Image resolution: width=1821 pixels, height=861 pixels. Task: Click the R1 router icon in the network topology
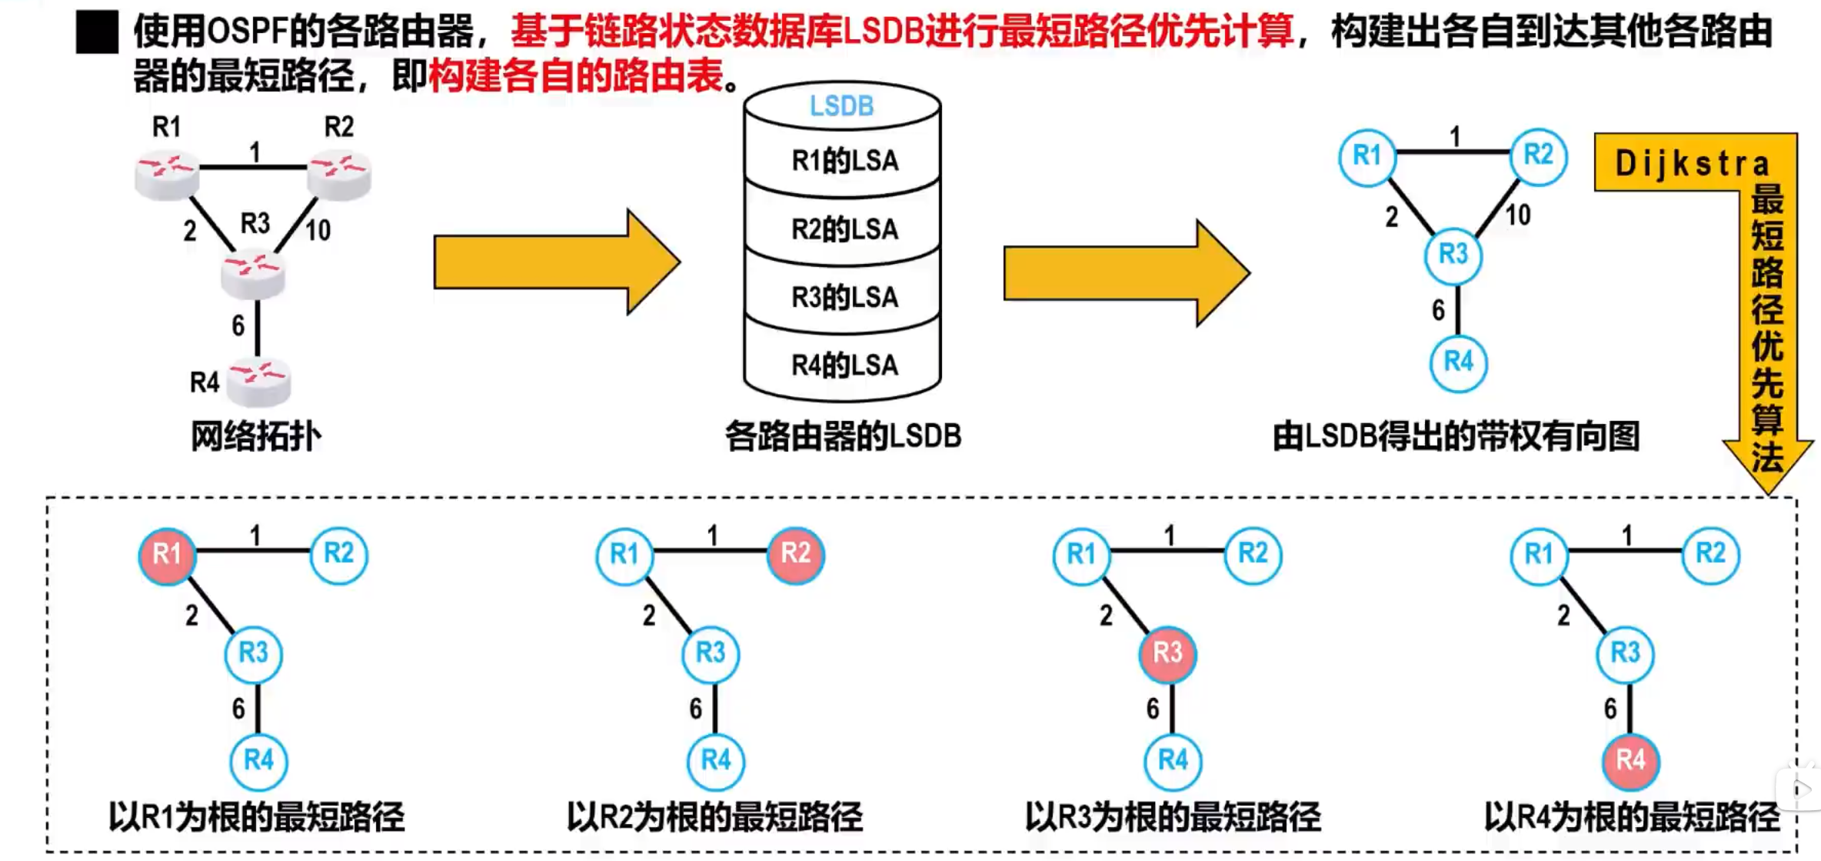(x=167, y=175)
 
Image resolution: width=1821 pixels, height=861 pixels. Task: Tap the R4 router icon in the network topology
(x=259, y=381)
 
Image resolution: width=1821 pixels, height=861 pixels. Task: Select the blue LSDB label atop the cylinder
(x=842, y=106)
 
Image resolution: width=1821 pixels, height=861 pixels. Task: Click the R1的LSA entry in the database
(x=844, y=161)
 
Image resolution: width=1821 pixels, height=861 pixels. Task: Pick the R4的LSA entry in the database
(x=844, y=365)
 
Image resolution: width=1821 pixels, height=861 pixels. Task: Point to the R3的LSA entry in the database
(x=844, y=297)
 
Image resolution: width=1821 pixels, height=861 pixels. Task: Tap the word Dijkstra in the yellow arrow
(x=1692, y=163)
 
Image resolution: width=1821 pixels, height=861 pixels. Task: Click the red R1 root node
(x=167, y=554)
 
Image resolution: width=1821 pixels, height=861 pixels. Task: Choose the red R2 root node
(x=795, y=554)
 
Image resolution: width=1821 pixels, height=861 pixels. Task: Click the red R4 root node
(x=1630, y=761)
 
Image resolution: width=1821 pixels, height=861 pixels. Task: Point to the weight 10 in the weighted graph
(x=1517, y=215)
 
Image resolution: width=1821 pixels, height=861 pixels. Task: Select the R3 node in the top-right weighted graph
(x=1453, y=255)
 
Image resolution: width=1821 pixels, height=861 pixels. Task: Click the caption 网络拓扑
(x=255, y=436)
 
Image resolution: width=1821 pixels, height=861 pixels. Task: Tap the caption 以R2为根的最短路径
(x=714, y=816)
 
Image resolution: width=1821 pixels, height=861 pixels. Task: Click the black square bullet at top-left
(x=97, y=32)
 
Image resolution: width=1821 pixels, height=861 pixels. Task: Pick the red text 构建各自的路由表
(x=576, y=76)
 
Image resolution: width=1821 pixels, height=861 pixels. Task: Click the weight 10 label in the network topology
(x=318, y=229)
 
